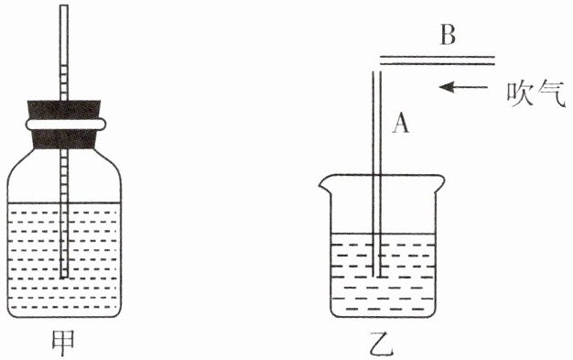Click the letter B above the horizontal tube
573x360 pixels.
click(448, 35)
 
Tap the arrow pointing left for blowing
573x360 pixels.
click(463, 87)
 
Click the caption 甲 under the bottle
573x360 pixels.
click(63, 343)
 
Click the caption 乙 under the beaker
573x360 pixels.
click(381, 344)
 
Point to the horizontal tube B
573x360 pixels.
click(438, 60)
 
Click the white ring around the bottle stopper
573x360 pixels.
click(66, 125)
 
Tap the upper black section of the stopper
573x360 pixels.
click(64, 109)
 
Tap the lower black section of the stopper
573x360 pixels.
click(64, 139)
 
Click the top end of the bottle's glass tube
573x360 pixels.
click(63, 5)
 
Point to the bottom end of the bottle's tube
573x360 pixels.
click(64, 277)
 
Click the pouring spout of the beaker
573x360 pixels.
click(324, 183)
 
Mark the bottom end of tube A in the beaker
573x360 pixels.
click(377, 277)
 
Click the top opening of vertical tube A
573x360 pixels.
click(377, 72)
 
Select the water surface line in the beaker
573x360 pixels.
click(384, 234)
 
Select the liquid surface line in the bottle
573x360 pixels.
click(64, 202)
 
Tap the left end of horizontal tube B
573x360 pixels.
click(381, 60)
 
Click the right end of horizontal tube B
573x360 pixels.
click(494, 60)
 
